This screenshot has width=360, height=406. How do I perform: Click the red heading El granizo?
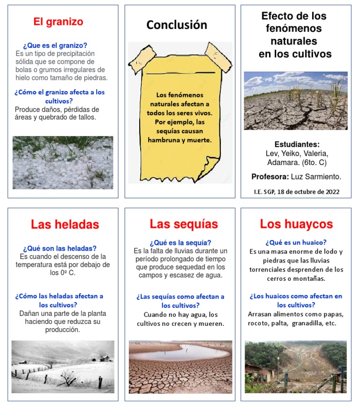tap(58, 22)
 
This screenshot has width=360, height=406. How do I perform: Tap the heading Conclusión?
tap(177, 25)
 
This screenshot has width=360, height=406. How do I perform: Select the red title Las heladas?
tap(65, 225)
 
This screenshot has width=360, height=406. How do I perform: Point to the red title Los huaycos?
tap(296, 224)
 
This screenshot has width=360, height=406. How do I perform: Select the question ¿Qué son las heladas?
tap(60, 248)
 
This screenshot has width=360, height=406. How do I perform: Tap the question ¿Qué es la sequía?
tap(180, 242)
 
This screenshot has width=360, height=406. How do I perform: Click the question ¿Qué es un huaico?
tap(296, 242)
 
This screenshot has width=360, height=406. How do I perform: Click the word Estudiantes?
tap(297, 144)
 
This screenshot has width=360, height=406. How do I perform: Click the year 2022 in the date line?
tap(331, 192)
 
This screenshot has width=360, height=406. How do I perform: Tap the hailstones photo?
tap(63, 163)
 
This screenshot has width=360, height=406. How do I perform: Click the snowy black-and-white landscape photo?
tap(63, 367)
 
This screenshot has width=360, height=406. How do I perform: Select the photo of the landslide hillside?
tap(296, 367)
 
